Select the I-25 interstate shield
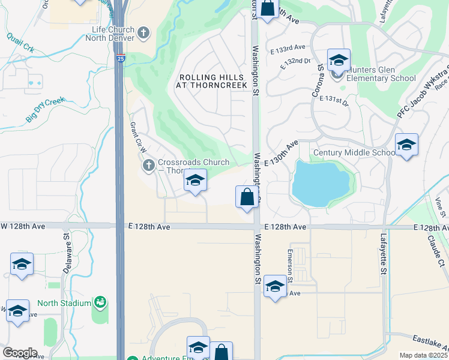pos(121,59)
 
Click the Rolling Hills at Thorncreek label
pos(211,82)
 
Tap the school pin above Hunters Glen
pos(339,61)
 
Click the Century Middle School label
pos(354,152)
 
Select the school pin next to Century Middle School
pos(406,145)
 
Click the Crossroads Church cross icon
pos(149,164)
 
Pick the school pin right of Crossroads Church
pos(195,181)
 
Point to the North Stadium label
pos(64,303)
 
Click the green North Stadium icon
pos(100,302)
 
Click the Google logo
pos(20,353)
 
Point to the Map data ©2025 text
pos(423,355)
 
